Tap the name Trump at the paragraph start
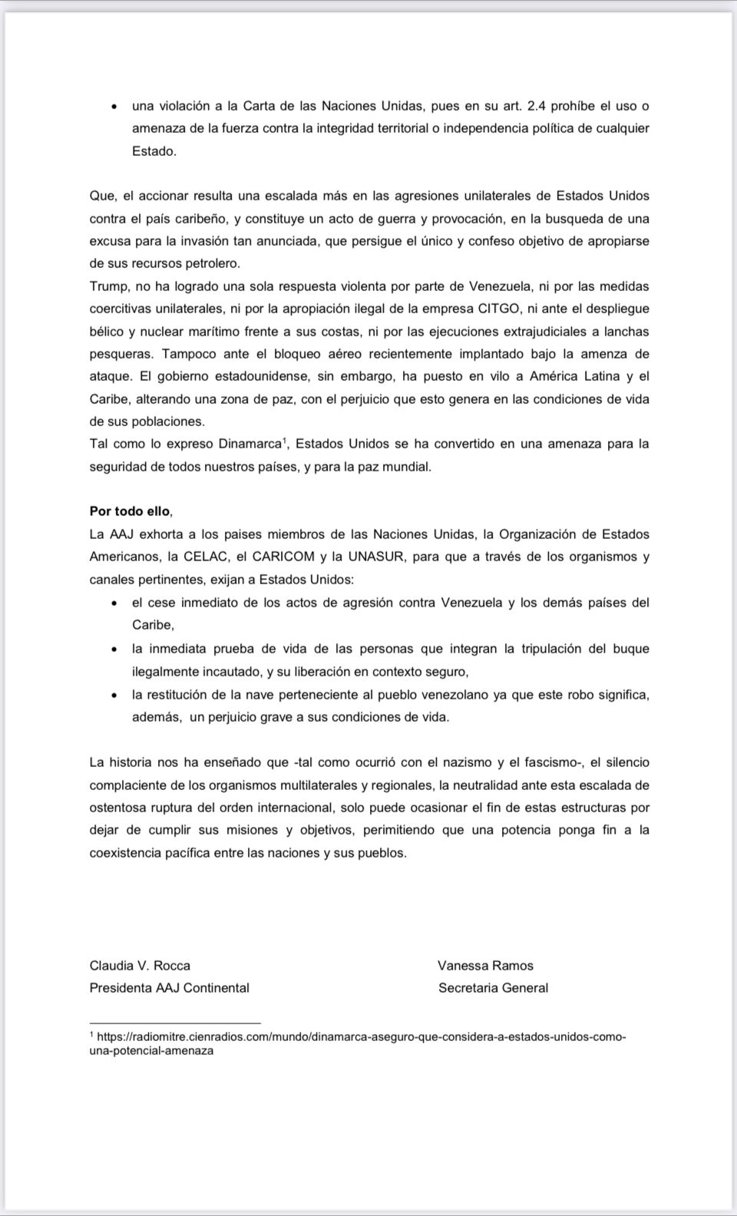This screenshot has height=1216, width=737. click(x=109, y=286)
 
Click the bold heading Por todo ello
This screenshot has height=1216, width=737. click(x=131, y=511)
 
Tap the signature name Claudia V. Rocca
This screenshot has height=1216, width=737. click(x=140, y=966)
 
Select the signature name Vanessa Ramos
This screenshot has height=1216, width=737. click(x=485, y=966)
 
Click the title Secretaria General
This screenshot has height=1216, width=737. click(x=493, y=988)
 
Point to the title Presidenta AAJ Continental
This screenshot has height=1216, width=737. click(x=169, y=988)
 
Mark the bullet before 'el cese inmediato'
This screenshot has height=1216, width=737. click(x=114, y=603)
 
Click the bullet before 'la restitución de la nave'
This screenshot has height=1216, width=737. click(x=114, y=696)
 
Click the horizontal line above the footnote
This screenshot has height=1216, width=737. click(x=175, y=1023)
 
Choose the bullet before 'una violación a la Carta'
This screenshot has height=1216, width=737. click(x=114, y=107)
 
